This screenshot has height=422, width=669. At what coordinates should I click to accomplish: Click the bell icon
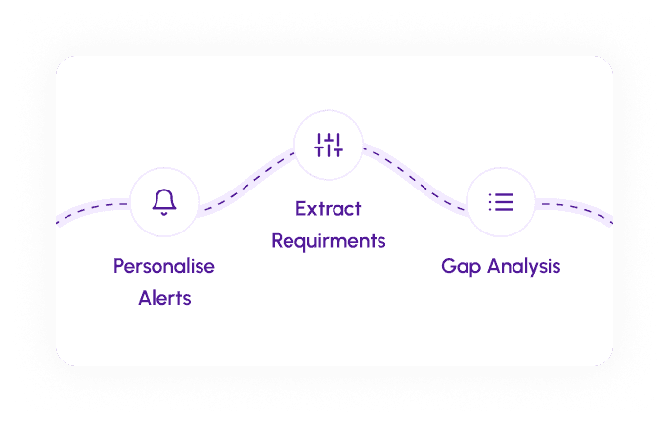(164, 202)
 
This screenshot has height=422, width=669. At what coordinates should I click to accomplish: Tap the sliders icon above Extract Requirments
(329, 145)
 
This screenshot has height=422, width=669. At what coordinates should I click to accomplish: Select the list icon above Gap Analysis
(501, 202)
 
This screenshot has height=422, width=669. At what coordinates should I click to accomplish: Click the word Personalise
(164, 266)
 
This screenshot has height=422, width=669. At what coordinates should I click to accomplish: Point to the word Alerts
(164, 298)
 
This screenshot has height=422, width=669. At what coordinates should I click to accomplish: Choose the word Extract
(329, 208)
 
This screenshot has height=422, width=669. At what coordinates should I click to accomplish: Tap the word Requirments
(329, 240)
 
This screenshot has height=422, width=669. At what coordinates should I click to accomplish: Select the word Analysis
(521, 266)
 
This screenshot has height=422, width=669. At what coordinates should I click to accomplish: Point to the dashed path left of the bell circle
(93, 209)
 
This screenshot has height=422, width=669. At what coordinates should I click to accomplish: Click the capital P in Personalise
(119, 266)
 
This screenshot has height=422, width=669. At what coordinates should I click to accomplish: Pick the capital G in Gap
(449, 266)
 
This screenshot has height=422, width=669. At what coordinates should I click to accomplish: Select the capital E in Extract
(301, 208)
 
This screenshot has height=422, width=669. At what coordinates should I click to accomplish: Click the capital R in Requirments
(278, 240)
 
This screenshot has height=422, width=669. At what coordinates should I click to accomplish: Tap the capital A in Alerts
(145, 298)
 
